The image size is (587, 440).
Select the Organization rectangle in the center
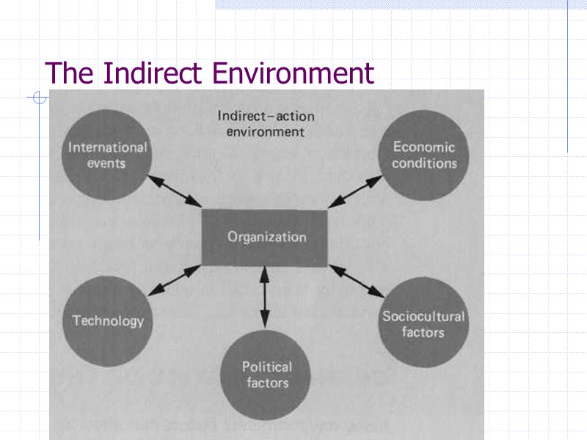click(x=266, y=238)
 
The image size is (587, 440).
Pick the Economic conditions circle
click(x=423, y=156)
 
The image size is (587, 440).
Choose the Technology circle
click(x=107, y=320)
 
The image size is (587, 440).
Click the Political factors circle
click(x=266, y=375)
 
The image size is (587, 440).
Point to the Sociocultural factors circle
click(x=423, y=323)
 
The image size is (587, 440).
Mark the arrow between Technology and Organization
click(x=175, y=282)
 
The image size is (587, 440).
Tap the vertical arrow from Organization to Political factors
click(x=265, y=296)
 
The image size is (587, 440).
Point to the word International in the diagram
click(x=107, y=147)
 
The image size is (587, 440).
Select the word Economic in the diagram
click(x=423, y=147)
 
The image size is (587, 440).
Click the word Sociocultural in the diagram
click(x=423, y=317)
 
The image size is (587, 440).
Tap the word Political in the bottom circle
click(x=267, y=367)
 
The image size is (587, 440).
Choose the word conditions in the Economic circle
click(x=423, y=164)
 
